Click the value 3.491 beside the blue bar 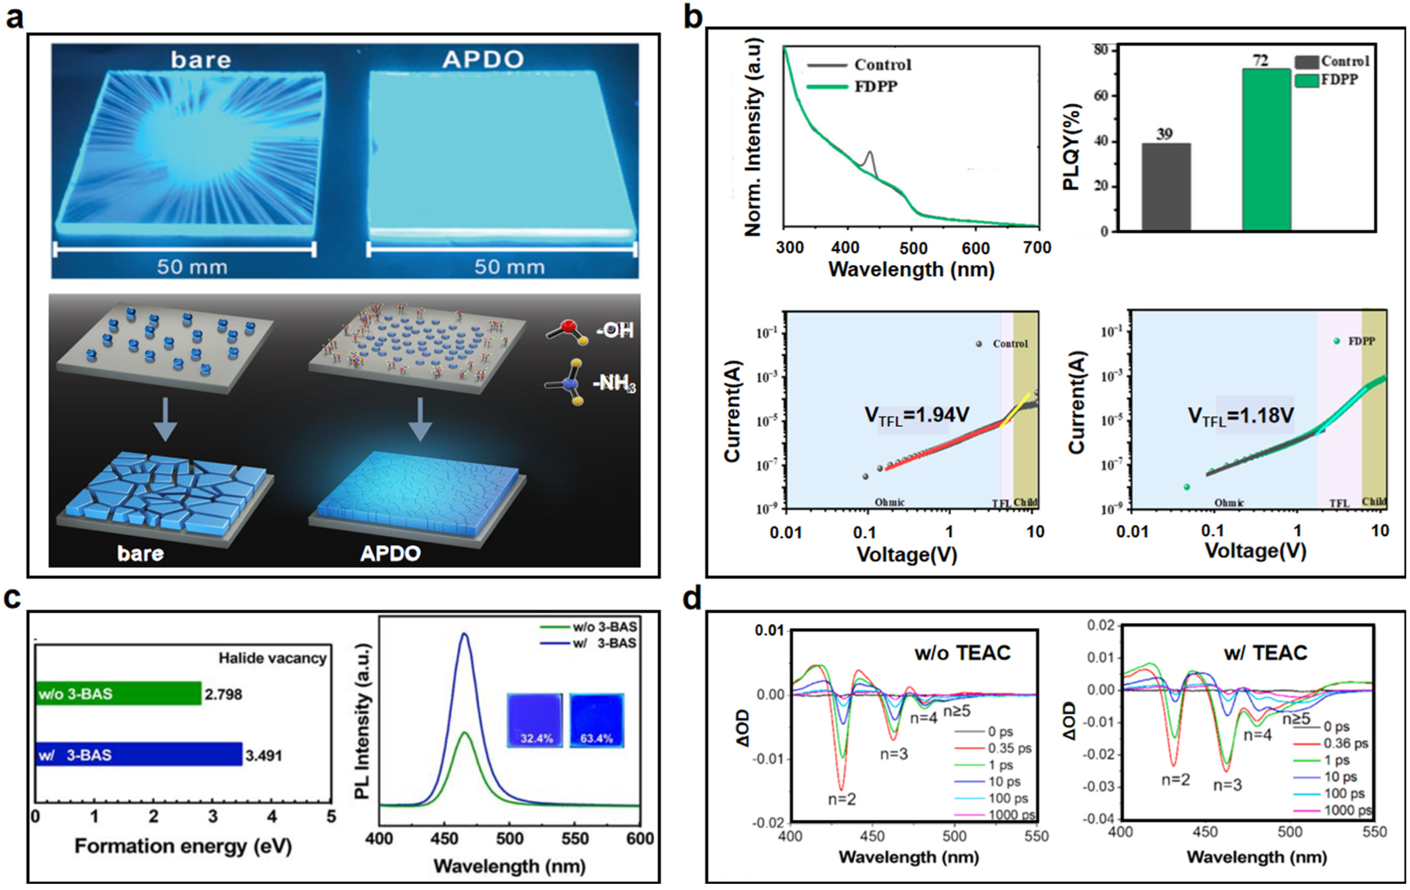coord(264,755)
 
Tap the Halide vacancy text coord(272,658)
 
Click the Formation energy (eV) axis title coord(183,846)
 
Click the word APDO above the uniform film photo coord(483,59)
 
